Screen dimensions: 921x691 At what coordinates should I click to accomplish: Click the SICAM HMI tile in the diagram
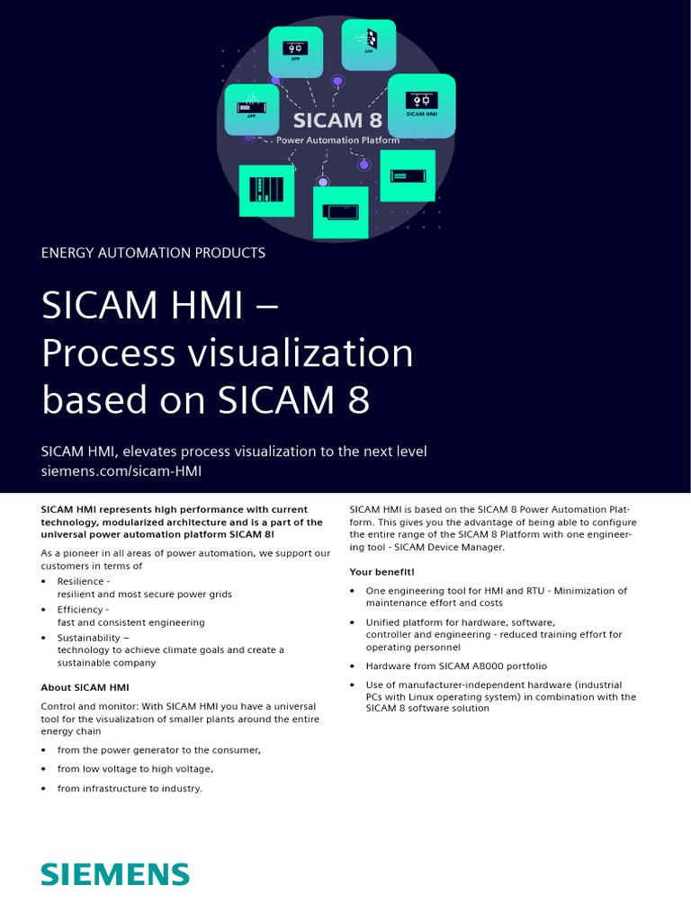[421, 105]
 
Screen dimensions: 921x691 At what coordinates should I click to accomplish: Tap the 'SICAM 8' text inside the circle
[338, 120]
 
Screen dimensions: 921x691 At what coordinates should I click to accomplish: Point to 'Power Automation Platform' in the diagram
[337, 140]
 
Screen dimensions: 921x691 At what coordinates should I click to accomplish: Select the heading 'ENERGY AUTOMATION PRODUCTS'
[153, 253]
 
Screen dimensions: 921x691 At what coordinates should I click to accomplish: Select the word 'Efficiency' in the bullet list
[81, 609]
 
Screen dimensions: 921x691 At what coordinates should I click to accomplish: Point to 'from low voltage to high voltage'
[135, 769]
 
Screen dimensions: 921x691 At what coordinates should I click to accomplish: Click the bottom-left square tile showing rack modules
[266, 191]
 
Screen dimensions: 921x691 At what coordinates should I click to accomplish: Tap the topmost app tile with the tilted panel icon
[369, 45]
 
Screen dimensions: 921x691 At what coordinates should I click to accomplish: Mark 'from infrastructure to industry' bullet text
[130, 789]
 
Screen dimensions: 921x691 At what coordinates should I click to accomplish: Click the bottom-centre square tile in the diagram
[340, 212]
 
